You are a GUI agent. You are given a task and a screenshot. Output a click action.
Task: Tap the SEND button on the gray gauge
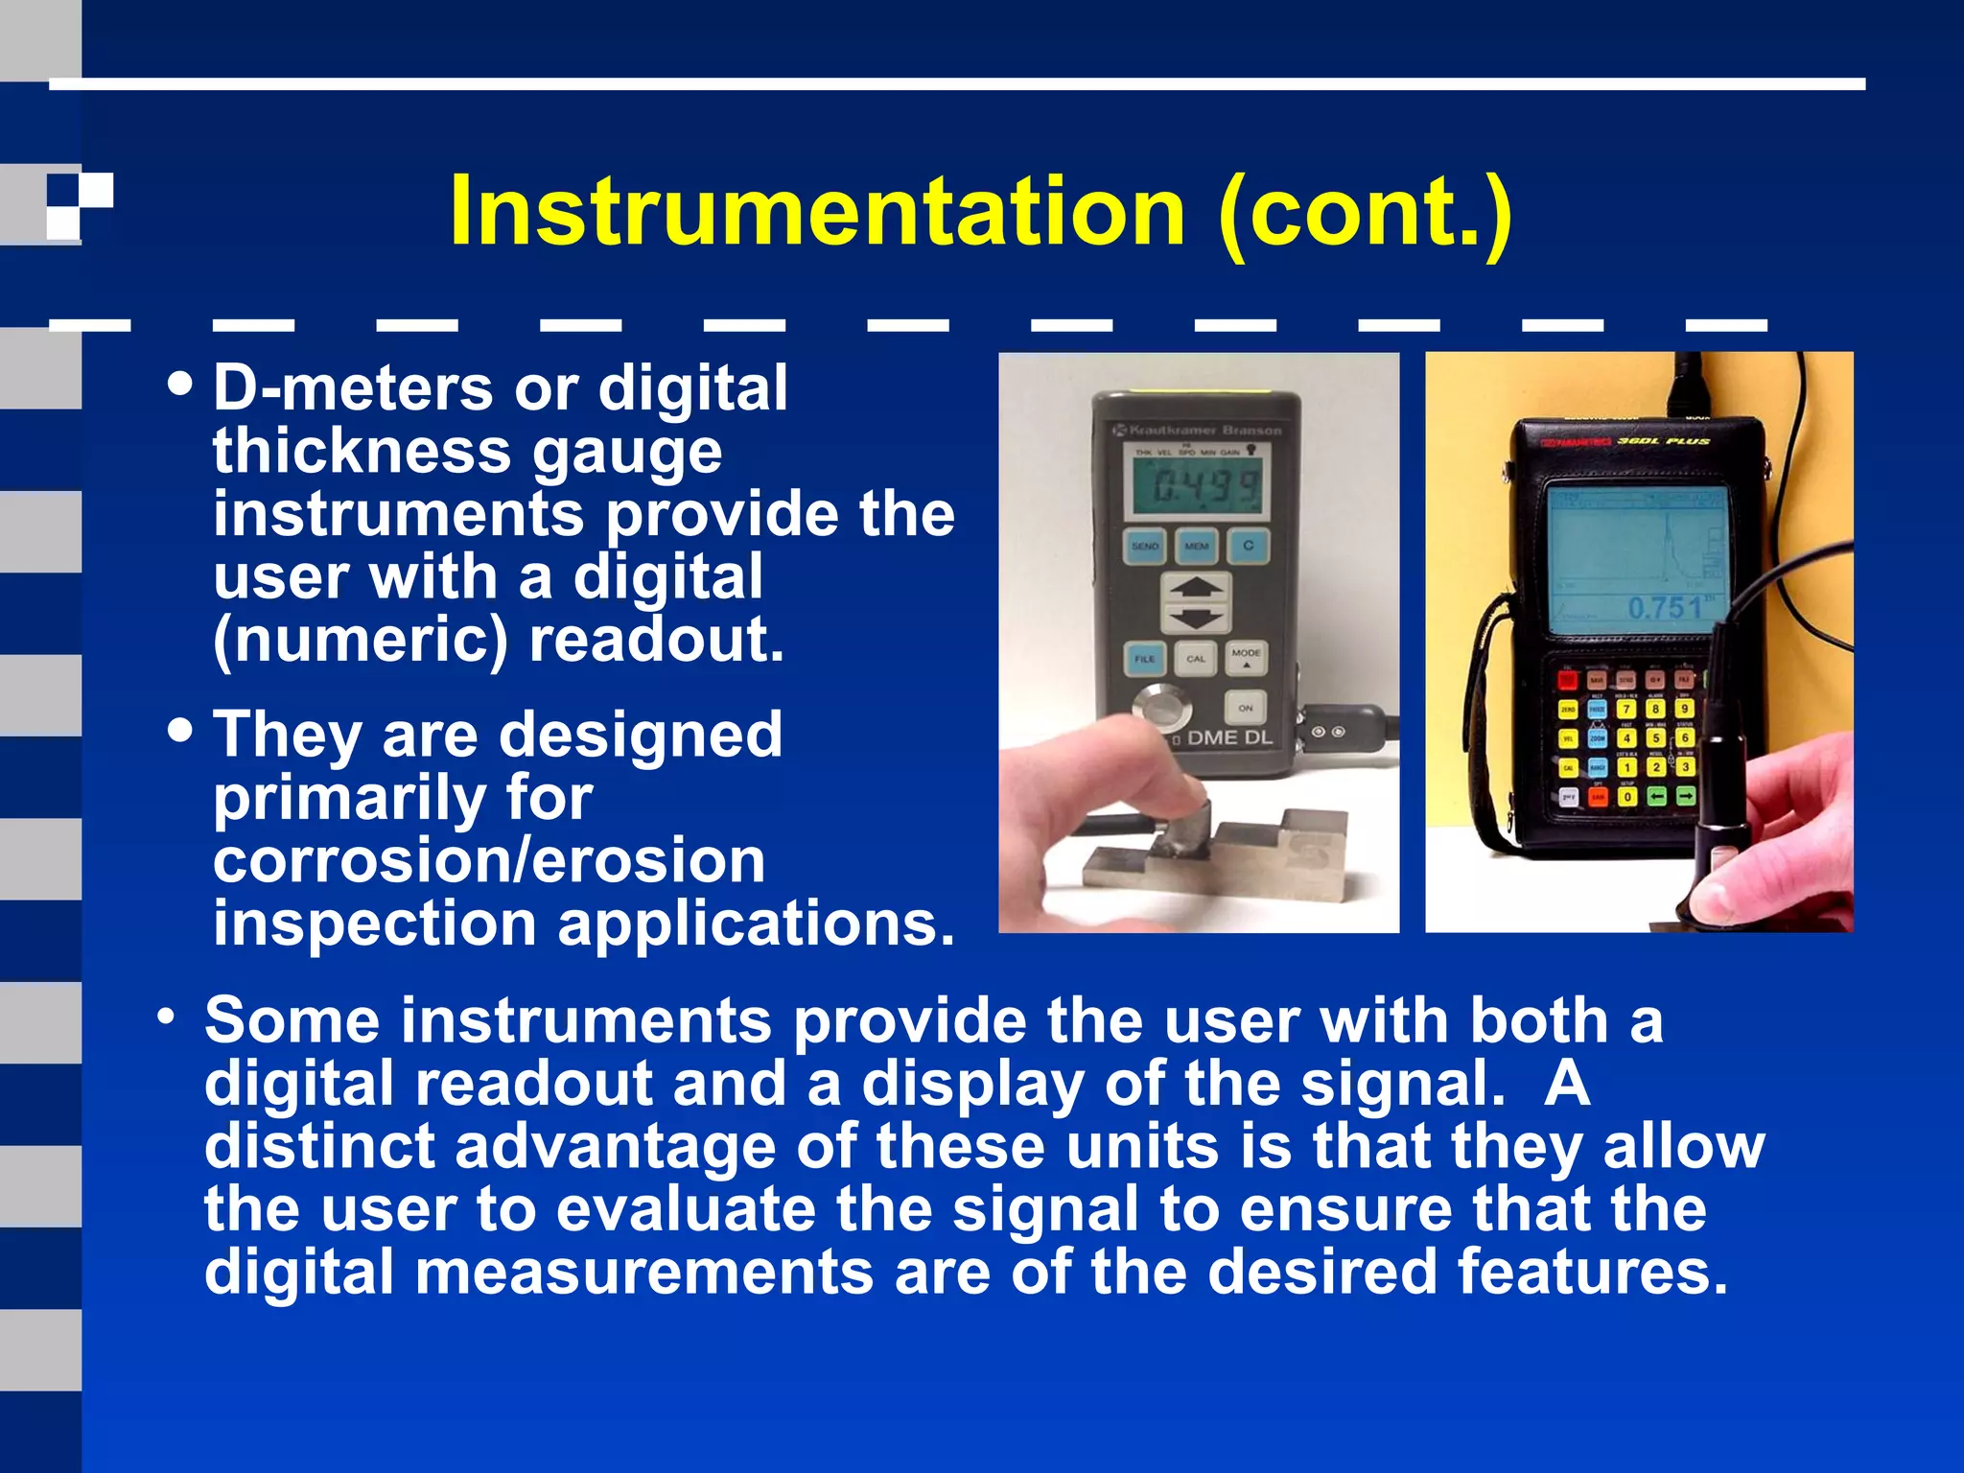tap(1145, 546)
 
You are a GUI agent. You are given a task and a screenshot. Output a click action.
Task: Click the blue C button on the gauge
tap(1248, 545)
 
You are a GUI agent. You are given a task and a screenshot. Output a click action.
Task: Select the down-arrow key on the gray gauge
tap(1195, 619)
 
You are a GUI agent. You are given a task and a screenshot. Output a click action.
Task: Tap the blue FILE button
tap(1144, 659)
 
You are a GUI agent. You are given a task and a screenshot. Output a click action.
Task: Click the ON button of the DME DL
tap(1245, 708)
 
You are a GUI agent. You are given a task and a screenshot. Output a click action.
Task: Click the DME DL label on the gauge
tap(1228, 737)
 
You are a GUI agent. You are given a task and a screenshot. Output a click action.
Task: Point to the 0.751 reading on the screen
tap(1666, 607)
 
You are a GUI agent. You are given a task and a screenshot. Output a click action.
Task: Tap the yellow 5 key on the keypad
tap(1655, 737)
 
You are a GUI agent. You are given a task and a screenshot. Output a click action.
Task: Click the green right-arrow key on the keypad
tap(1685, 796)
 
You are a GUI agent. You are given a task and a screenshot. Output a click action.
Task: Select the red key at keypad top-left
tap(1567, 680)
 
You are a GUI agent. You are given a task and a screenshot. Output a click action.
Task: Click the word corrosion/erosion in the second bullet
tap(489, 860)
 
